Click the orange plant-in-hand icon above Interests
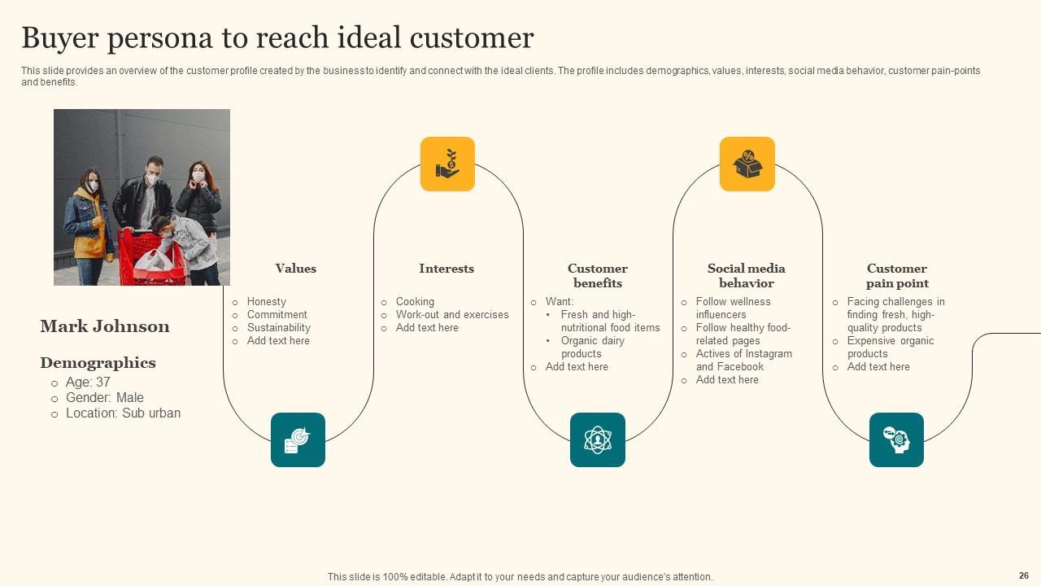[447, 164]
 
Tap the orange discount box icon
[747, 164]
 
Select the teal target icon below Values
[298, 439]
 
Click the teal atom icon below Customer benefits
[597, 439]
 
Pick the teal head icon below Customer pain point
[896, 439]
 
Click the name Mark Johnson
[105, 326]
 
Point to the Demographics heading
[98, 363]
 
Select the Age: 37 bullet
[88, 382]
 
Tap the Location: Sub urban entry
[123, 413]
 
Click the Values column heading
[295, 269]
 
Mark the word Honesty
[267, 301]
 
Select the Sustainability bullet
[279, 327]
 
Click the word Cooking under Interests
[415, 301]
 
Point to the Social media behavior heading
[746, 276]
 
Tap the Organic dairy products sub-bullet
[592, 347]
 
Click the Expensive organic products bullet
[890, 347]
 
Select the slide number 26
[1023, 575]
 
